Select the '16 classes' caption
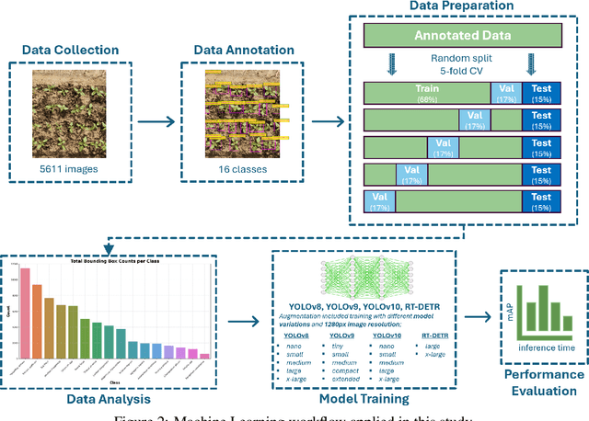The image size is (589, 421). click(x=243, y=168)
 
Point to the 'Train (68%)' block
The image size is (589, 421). click(x=428, y=92)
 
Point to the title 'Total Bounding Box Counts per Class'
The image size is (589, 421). click(x=117, y=264)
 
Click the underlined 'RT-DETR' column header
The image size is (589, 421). click(x=434, y=336)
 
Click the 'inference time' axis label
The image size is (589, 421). click(x=548, y=348)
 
